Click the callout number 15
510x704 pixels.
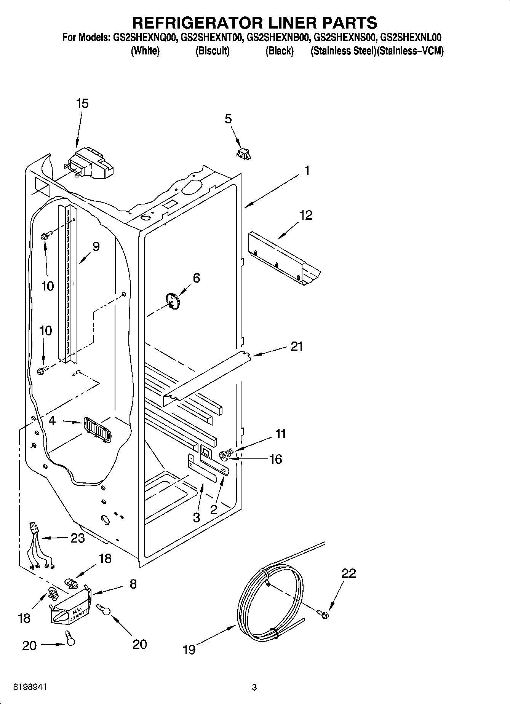[x=82, y=104]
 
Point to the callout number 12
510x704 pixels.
[x=306, y=216]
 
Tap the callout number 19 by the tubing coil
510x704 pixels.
[x=189, y=649]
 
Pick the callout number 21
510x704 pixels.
[x=296, y=346]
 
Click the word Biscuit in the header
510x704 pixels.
[x=213, y=51]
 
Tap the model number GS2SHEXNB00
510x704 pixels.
[x=277, y=38]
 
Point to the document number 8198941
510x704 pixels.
[x=30, y=687]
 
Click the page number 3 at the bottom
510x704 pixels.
[x=254, y=688]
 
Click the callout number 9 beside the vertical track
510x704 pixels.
[x=96, y=247]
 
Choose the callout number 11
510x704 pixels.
[x=280, y=434]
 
